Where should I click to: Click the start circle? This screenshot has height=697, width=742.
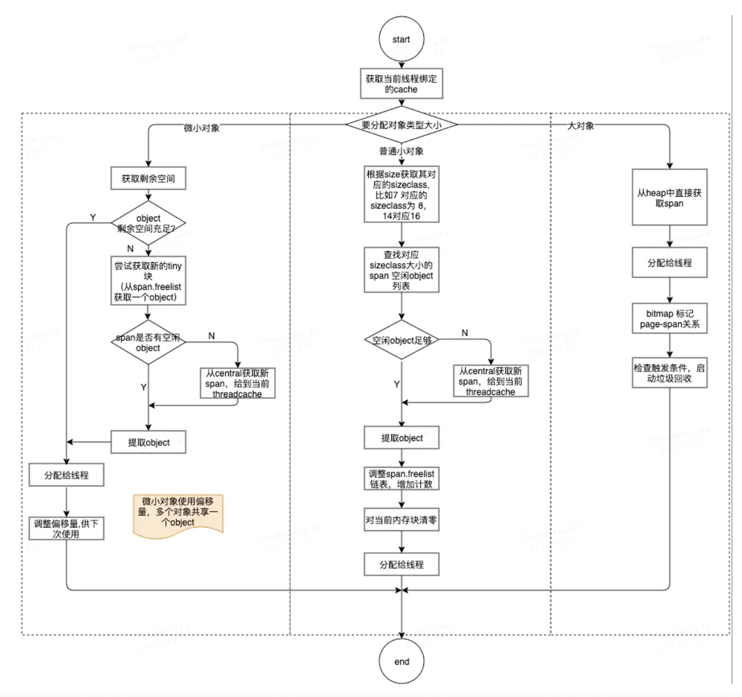click(401, 39)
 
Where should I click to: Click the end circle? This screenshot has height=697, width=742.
click(401, 661)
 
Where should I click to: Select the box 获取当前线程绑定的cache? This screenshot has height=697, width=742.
click(401, 84)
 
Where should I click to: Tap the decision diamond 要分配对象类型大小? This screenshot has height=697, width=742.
click(401, 125)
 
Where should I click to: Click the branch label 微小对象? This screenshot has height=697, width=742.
click(202, 128)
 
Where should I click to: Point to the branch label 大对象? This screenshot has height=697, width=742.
click(581, 126)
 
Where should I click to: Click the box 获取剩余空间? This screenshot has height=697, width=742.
click(148, 179)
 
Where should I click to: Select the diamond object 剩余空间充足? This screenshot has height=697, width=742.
click(148, 223)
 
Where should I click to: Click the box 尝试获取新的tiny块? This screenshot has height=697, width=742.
click(148, 281)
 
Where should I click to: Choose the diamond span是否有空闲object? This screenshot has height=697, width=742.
click(148, 343)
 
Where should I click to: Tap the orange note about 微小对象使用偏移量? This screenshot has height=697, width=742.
click(177, 514)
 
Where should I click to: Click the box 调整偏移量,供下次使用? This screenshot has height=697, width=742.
click(66, 529)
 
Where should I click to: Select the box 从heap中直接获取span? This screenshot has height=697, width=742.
click(669, 198)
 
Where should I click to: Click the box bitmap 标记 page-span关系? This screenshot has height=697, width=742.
click(669, 319)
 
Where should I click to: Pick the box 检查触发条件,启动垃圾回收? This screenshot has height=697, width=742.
click(669, 373)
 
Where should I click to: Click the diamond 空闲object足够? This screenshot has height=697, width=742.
click(401, 340)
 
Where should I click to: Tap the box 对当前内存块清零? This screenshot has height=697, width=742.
click(401, 520)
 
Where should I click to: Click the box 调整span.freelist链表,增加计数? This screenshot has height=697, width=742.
click(401, 479)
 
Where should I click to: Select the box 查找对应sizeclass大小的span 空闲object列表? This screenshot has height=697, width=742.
click(401, 270)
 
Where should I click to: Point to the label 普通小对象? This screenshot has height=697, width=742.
click(401, 151)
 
